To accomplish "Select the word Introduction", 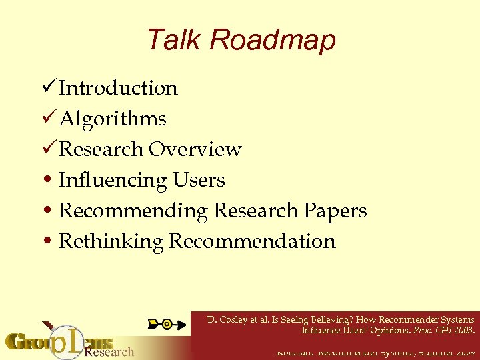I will [118, 88].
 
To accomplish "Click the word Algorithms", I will [113, 119].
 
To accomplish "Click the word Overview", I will [195, 149].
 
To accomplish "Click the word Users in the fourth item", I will [199, 180].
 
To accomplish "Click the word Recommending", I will [133, 211].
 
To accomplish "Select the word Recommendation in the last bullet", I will [252, 241].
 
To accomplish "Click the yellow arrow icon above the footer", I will [166, 324].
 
